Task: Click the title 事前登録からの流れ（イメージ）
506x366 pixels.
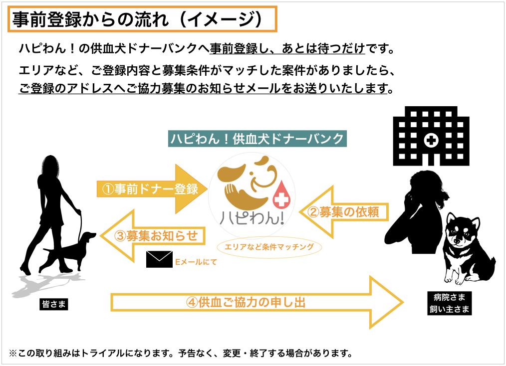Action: [142, 20]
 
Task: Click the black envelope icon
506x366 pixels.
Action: [159, 260]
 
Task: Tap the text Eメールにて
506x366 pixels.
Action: [196, 261]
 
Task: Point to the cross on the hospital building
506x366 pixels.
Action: [430, 141]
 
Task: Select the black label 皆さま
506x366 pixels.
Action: [53, 304]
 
